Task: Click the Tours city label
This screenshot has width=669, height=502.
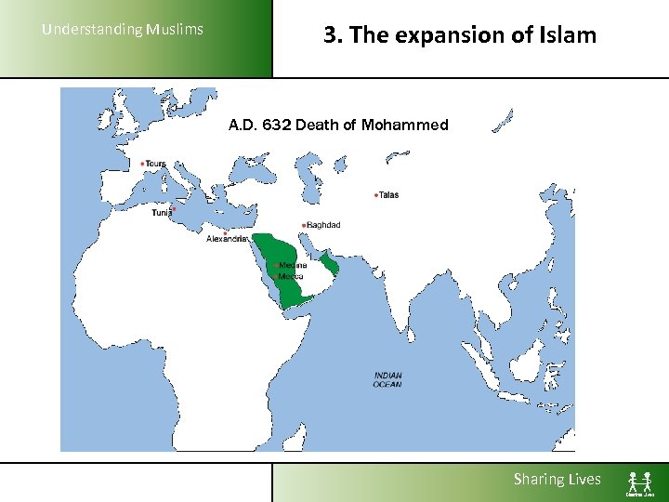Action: coord(156,164)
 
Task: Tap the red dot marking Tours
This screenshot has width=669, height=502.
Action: coord(142,164)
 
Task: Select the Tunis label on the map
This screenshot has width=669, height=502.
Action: coord(162,213)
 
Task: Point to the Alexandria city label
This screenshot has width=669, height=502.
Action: coord(228,238)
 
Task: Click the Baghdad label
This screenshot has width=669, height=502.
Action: coord(324,225)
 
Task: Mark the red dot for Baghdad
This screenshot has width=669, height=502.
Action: coord(304,225)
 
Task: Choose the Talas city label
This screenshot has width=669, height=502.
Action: coord(389,195)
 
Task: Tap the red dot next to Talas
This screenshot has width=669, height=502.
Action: coord(375,195)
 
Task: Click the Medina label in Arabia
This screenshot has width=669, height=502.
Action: coord(294,265)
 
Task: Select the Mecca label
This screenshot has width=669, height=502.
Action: coord(291,276)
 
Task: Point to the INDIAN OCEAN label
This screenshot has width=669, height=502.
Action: coord(387,379)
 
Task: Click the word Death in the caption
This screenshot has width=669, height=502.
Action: coord(318,125)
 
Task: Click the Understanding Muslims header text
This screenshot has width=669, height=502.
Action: coord(123,30)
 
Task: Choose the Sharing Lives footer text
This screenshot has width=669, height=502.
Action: coord(557,480)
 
